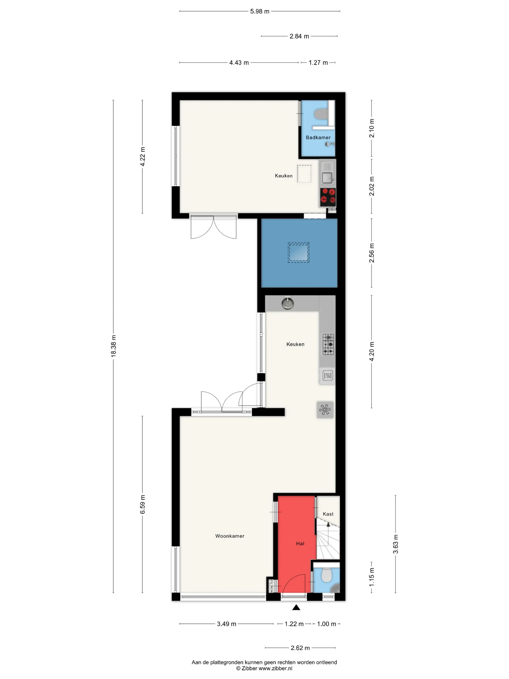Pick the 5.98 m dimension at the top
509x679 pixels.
[x=260, y=11]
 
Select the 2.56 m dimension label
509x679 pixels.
[x=372, y=253]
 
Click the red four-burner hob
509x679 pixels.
[x=328, y=197]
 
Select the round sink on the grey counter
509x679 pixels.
[x=287, y=304]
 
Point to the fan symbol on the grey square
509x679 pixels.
[x=325, y=410]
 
